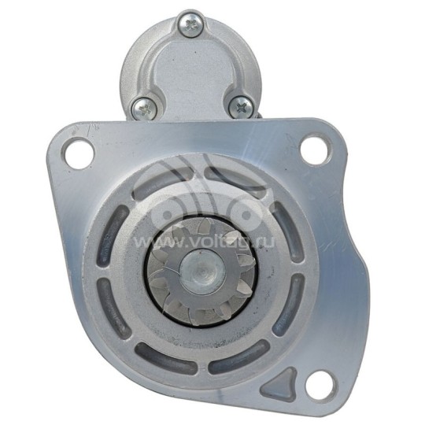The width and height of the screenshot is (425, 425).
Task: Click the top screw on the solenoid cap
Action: [x=190, y=24]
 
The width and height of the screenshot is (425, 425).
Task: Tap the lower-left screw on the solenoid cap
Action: [x=145, y=109]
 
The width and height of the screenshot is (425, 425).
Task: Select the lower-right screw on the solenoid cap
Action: [x=241, y=107]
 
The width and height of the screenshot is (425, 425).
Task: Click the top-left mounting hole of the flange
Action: [x=77, y=153]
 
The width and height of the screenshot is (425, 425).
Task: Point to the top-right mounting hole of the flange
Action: [x=316, y=148]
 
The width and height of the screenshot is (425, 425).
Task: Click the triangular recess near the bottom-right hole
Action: [x=280, y=383]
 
